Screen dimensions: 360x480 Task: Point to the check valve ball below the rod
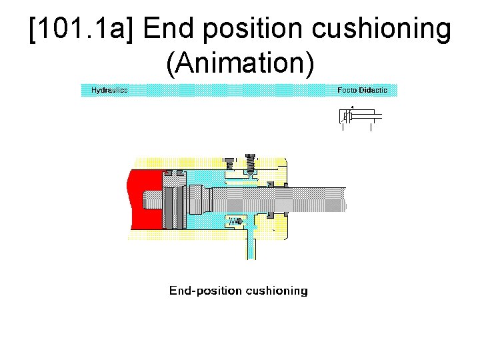point(239,221)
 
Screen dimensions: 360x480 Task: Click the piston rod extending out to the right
point(313,199)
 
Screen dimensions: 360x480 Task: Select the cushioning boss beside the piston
point(199,199)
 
